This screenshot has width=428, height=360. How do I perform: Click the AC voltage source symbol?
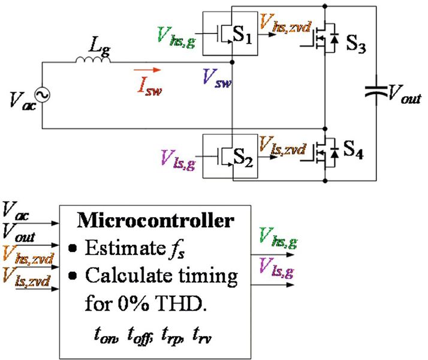[43, 94]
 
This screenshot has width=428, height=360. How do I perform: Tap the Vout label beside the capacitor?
[403, 94]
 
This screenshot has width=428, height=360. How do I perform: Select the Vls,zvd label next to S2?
[284, 146]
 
